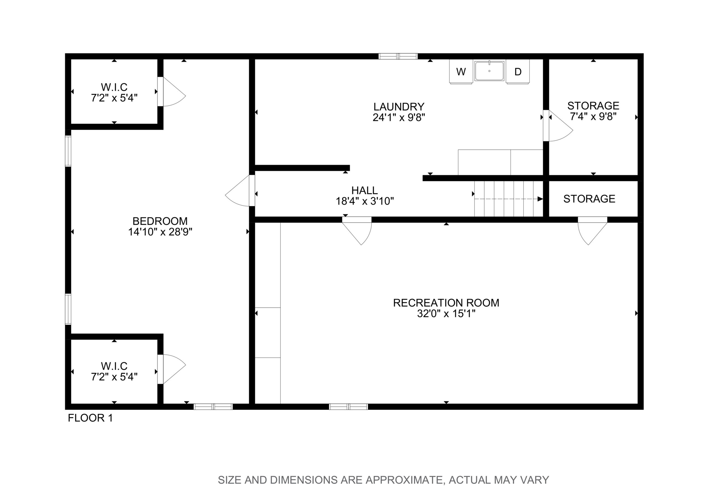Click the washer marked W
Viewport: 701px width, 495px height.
461,71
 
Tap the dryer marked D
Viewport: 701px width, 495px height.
518,71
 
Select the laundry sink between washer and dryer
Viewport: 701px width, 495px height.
489,71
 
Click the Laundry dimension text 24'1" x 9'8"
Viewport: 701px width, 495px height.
399,117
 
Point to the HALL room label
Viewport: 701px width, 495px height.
364,190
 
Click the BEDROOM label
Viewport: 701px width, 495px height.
160,221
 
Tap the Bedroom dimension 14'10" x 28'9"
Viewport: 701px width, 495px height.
160,232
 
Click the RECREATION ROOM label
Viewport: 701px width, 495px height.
446,303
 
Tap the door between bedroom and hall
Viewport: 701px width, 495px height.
240,191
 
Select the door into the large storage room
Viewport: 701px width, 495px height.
558,126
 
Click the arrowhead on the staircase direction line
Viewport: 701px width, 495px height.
540,199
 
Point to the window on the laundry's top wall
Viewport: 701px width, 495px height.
398,56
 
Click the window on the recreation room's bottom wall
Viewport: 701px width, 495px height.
348,407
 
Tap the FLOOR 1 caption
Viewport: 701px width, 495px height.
90,418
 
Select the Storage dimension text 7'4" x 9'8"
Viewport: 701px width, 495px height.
593,117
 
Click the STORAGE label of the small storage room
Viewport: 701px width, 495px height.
589,199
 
